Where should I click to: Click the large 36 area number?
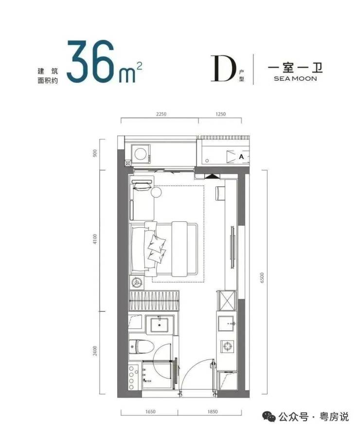tap(90, 61)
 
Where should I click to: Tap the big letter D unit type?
tap(223, 68)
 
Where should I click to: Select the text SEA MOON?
tap(295, 79)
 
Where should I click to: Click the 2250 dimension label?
tap(161, 114)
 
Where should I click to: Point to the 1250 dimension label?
tap(220, 114)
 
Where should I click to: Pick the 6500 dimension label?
tap(262, 278)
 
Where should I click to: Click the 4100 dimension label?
tap(95, 239)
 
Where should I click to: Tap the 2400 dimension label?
tap(95, 351)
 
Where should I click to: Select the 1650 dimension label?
tap(150, 412)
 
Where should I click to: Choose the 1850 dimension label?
tap(213, 412)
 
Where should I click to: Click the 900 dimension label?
tap(95, 153)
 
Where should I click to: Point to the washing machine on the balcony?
tap(141, 155)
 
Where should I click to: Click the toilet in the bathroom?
tap(141, 347)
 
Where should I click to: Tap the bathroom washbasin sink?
tap(160, 324)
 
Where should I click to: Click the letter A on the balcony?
tap(241, 157)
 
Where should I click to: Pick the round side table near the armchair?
tap(156, 192)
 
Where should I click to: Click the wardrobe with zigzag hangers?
tap(154, 301)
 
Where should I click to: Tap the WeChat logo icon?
tap(269, 416)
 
